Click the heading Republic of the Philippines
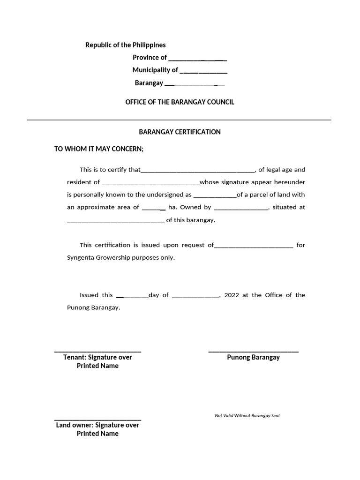pyautogui.click(x=125, y=45)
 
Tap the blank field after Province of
pyautogui.click(x=197, y=58)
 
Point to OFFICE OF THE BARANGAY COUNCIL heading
pyautogui.click(x=180, y=102)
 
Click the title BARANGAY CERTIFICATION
pyautogui.click(x=180, y=132)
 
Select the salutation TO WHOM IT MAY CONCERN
pyautogui.click(x=99, y=149)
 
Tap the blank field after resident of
pyautogui.click(x=150, y=183)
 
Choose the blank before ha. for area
pyautogui.click(x=153, y=208)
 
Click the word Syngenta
pyautogui.click(x=81, y=257)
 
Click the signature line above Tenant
pyautogui.click(x=97, y=351)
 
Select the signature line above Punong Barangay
pyautogui.click(x=253, y=351)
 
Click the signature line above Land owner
pyautogui.click(x=97, y=419)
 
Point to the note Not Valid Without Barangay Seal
pyautogui.click(x=247, y=416)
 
